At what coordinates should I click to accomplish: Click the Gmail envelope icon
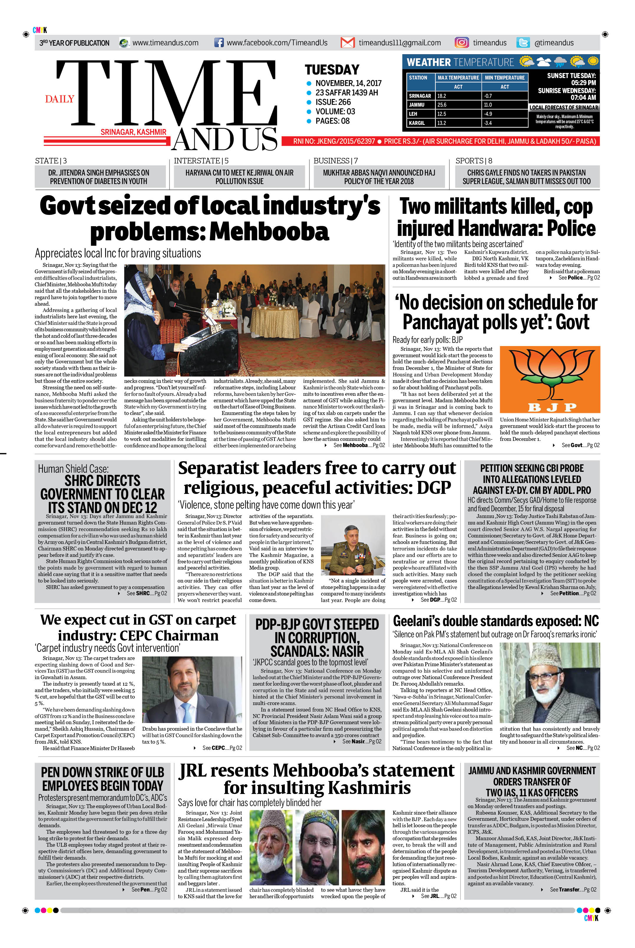tap(348, 42)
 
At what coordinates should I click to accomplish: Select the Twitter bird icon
tap(523, 42)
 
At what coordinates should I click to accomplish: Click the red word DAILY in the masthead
tap(59, 99)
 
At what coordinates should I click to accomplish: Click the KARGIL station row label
tap(417, 123)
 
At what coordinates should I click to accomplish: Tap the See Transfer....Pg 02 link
tap(572, 890)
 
